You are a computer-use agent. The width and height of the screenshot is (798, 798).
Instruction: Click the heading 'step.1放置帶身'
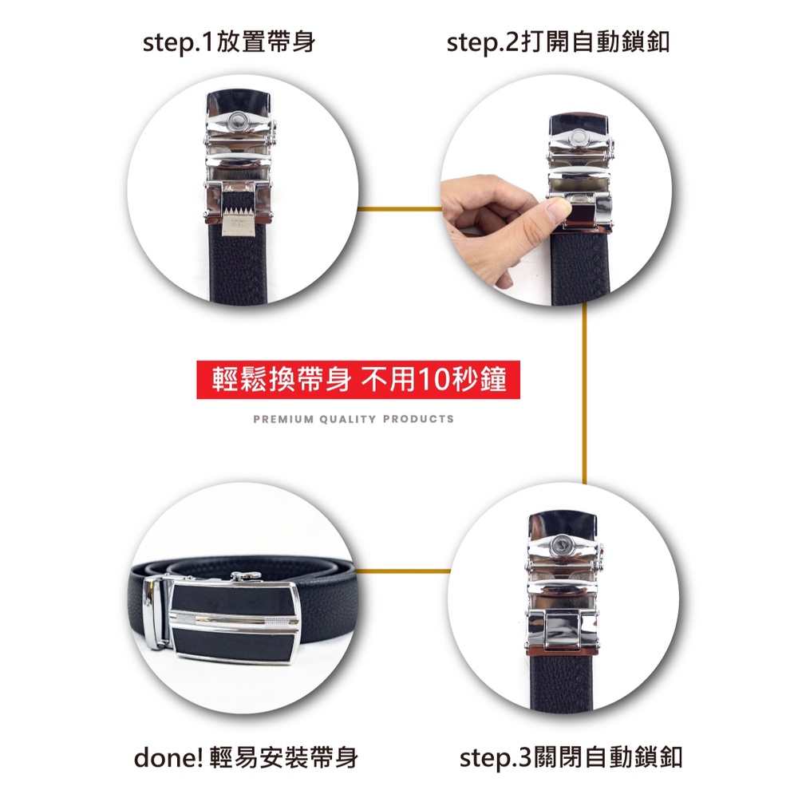pos(229,42)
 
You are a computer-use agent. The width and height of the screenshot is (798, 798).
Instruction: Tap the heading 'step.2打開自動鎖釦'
pos(558,42)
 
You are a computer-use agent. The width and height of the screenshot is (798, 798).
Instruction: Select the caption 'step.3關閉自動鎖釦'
pos(571,758)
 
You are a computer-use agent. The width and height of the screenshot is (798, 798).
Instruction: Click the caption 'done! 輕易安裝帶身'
pos(246,758)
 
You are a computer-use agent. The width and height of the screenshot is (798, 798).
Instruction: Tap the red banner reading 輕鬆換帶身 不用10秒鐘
pos(358,380)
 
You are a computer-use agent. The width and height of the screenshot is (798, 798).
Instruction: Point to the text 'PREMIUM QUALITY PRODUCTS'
pos(354,420)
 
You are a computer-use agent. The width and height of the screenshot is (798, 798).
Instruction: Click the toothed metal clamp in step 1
pos(240,221)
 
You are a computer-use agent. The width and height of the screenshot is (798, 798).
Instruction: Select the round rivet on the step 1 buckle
pos(237,120)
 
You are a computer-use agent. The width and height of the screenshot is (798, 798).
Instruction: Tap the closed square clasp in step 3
pos(563,630)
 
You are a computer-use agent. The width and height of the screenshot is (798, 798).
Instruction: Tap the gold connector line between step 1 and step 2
pos(400,208)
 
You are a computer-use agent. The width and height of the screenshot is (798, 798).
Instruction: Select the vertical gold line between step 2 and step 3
pos(584,393)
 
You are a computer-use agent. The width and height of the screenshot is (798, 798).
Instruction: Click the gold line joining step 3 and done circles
pos(402,571)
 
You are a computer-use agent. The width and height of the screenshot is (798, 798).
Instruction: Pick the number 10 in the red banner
pos(433,380)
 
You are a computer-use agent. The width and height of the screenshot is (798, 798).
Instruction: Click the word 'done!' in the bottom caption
pos(168,758)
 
